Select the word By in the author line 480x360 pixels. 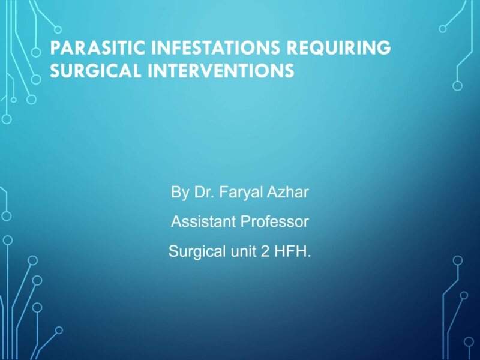pos(179,193)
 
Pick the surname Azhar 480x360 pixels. pos(290,193)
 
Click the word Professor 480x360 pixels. pos(275,222)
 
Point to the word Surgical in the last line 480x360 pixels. pos(193,251)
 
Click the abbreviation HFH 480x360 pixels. pos(292,251)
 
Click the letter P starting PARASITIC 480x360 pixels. pos(55,49)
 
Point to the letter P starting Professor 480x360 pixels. pos(245,222)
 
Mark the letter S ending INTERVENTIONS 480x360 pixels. pos(289,71)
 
